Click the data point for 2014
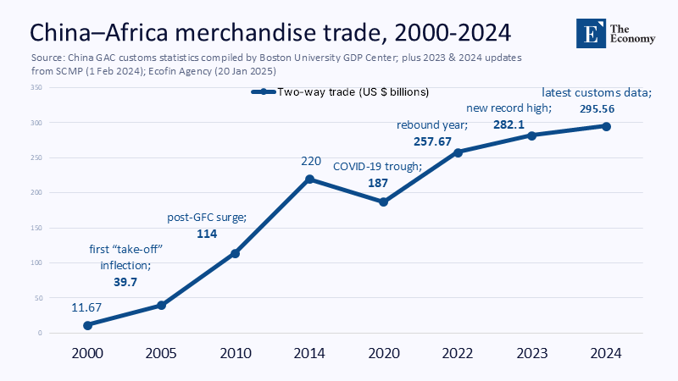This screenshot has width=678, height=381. (309, 179)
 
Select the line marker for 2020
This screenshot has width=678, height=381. (383, 202)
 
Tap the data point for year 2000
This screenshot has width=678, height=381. (87, 325)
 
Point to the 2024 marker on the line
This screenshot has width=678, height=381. (607, 126)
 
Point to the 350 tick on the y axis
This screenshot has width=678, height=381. (36, 88)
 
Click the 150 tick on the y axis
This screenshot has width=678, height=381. (36, 228)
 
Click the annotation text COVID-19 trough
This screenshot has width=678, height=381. (376, 167)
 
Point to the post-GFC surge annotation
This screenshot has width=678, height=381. (207, 218)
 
